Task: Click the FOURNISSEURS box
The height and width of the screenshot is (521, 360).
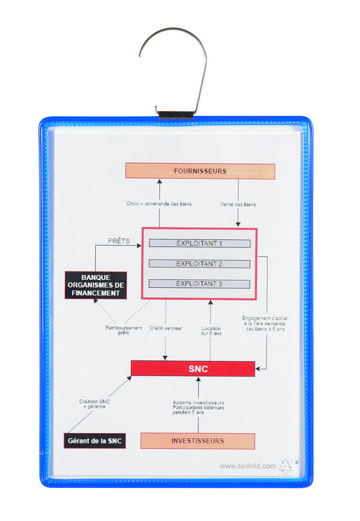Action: [x=200, y=171]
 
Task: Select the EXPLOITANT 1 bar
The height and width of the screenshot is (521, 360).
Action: [x=200, y=243]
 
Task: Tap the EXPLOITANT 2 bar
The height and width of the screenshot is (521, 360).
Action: [x=200, y=264]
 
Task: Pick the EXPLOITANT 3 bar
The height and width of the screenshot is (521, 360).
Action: [x=200, y=284]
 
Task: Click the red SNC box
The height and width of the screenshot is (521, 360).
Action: [x=193, y=369]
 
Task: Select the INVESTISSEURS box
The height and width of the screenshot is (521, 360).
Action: [x=197, y=441]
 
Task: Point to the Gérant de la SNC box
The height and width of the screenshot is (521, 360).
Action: [x=94, y=441]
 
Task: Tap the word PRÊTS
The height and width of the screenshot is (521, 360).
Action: [x=119, y=241]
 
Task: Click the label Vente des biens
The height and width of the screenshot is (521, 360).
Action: [x=238, y=205]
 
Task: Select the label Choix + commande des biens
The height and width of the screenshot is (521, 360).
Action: [x=159, y=204]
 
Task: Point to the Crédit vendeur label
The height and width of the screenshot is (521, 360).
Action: [x=165, y=327]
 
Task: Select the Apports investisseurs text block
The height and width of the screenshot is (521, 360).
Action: [x=198, y=407]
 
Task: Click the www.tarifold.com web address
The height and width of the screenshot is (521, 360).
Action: [x=248, y=465]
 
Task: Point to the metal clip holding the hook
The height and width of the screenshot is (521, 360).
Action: [x=175, y=115]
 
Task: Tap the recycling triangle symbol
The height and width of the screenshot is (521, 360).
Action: [x=286, y=466]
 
